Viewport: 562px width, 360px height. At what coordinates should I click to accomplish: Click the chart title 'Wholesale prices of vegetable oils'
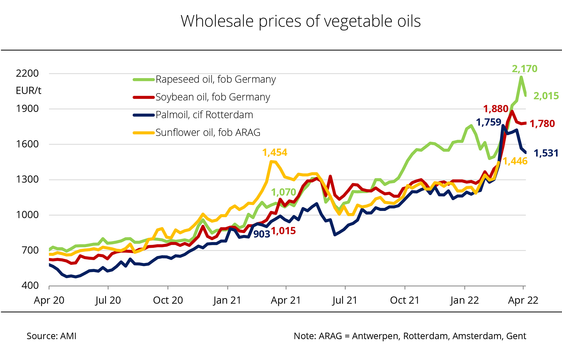click(300, 21)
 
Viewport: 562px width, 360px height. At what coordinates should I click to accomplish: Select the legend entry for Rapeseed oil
click(215, 80)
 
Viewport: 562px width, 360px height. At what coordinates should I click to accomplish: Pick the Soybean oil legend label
click(213, 97)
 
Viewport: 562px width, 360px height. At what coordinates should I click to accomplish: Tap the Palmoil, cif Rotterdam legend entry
click(204, 115)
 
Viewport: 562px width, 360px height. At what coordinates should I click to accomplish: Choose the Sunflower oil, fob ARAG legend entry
click(208, 133)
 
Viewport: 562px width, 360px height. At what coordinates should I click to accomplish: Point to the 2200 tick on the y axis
click(27, 74)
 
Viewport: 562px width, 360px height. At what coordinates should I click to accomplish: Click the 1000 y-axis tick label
click(27, 215)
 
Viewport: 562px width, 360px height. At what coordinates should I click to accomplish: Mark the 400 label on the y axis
click(30, 286)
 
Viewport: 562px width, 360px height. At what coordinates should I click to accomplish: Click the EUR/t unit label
click(29, 91)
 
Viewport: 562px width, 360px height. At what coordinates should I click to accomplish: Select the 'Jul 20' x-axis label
click(108, 300)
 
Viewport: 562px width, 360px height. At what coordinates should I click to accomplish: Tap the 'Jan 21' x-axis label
click(227, 300)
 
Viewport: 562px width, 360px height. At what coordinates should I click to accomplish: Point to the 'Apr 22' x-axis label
click(523, 300)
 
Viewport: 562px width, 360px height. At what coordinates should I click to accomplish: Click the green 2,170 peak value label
click(524, 69)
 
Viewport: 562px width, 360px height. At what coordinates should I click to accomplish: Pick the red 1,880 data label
click(496, 109)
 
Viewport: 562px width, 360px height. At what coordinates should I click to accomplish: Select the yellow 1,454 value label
click(275, 153)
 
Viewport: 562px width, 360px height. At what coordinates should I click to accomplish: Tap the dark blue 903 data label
click(262, 234)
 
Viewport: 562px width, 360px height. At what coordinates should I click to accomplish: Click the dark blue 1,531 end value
click(546, 153)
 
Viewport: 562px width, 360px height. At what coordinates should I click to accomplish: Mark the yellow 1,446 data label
click(515, 161)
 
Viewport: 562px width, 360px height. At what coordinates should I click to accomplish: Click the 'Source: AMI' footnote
click(52, 336)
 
